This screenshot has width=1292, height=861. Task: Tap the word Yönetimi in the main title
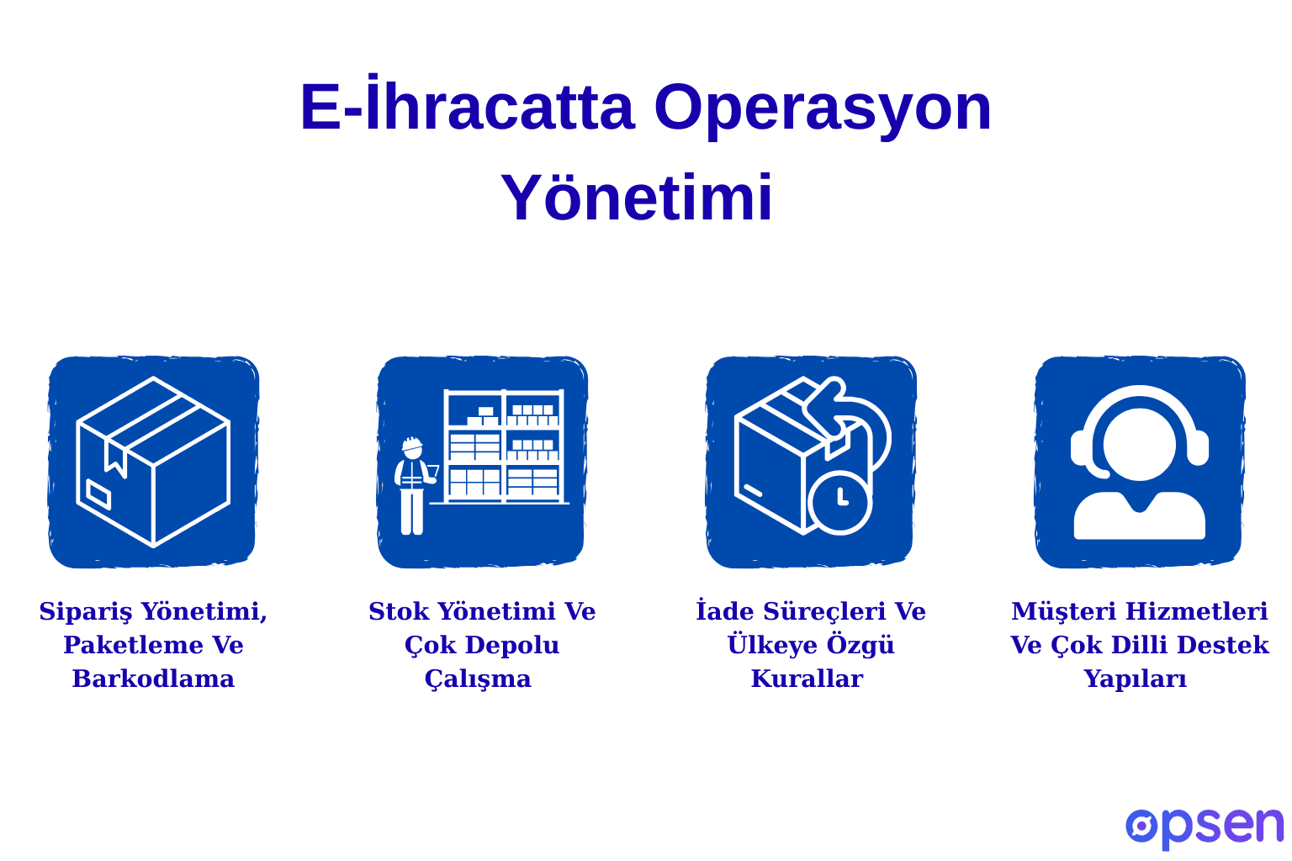pos(637,198)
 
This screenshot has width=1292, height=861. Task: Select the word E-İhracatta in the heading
pos(466,107)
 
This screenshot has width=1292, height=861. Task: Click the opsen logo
pos(1204,827)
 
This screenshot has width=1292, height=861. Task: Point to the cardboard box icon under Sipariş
pos(153,462)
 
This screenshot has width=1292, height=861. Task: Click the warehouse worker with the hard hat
pos(413,486)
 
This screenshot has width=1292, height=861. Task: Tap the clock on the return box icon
pos(839,502)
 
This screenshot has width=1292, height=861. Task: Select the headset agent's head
pos(1139,444)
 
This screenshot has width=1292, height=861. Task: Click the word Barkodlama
pos(153,679)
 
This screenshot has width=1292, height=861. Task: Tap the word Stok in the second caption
pos(399,611)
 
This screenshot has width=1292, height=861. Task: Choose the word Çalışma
pos(478,679)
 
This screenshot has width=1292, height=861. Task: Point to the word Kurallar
pos(807,679)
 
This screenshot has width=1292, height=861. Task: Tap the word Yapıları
pos(1135,679)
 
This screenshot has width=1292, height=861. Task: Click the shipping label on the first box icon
pos(98,494)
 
